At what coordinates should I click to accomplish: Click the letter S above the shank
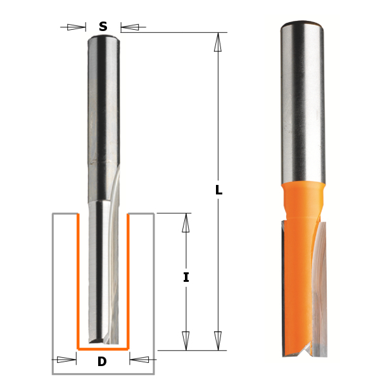point(103,27)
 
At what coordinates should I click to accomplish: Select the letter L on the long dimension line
point(218,190)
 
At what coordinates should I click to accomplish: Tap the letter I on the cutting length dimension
point(186,277)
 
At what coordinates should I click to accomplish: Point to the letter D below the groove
point(102,362)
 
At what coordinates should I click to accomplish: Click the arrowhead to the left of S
point(76,27)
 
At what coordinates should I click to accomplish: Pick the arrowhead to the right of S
point(129,27)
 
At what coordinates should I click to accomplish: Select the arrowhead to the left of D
point(66,360)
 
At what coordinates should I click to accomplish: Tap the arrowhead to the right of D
point(139,360)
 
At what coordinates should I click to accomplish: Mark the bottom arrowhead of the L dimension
point(218,340)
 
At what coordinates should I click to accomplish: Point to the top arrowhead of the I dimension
point(186,222)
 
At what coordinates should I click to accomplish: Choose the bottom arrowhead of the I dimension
point(186,340)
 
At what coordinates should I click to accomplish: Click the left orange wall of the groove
point(77,279)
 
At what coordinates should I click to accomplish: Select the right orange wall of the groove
point(128,279)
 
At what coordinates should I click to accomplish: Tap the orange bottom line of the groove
point(103,349)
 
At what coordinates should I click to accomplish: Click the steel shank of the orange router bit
point(301,101)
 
